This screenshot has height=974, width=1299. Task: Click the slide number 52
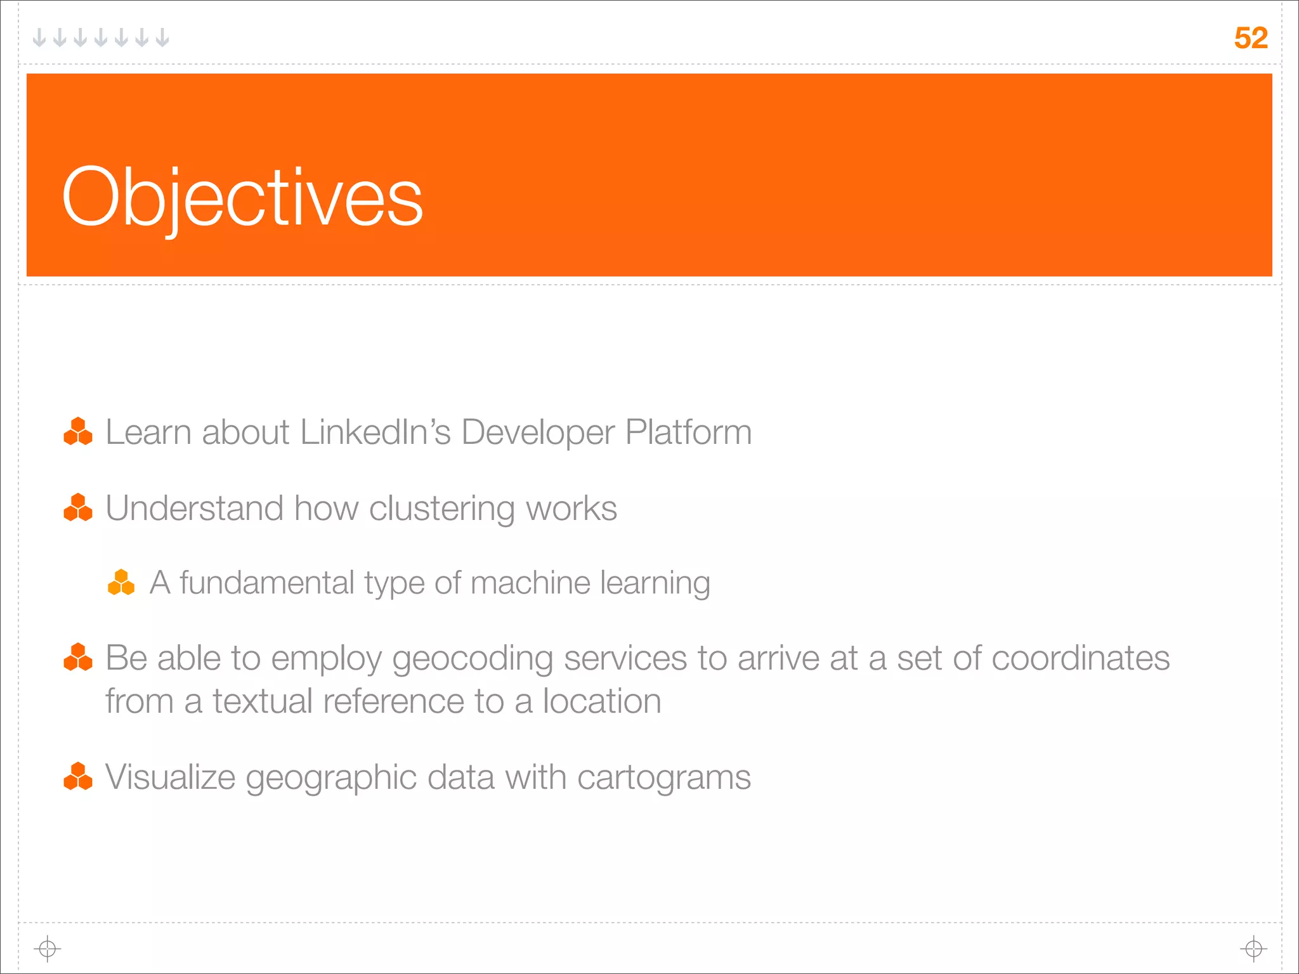pos(1250,38)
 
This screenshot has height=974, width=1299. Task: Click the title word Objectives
pos(242,198)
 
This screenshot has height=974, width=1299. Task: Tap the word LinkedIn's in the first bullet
pos(375,432)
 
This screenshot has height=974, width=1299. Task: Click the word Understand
pos(194,509)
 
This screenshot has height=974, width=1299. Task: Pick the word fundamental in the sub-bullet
pos(266,583)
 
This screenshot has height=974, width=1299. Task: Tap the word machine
pos(530,583)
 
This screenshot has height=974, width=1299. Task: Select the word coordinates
pos(1080,658)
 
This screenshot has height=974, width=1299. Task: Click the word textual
pos(262,701)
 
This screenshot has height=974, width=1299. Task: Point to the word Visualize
pos(170,777)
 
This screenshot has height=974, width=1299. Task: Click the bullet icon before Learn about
pos(78,431)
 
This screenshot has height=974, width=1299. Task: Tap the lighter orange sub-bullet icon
pos(121,582)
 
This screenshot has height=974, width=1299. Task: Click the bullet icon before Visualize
pos(78,776)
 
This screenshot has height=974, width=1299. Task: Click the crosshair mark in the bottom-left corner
pos(48,949)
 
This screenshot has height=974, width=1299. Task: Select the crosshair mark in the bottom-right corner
pos(1253,949)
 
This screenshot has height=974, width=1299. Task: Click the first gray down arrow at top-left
pos(39,38)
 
